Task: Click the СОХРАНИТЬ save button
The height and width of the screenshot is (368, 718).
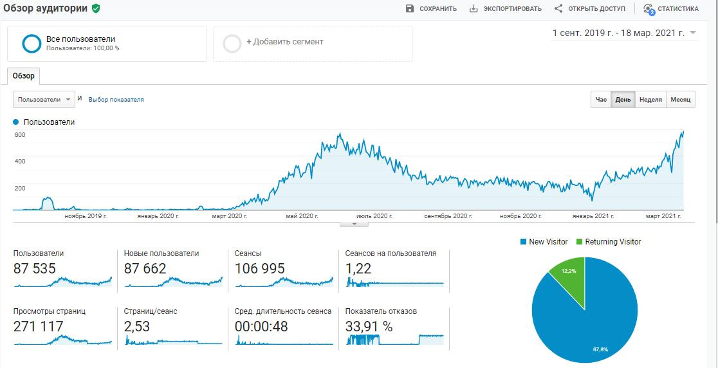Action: [431, 9]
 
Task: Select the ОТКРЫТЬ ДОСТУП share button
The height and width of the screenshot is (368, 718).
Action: [589, 9]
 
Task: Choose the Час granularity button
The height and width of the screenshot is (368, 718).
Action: [601, 100]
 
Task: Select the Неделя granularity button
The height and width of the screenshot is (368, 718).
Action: [650, 100]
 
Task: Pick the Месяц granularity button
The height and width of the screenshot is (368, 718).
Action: [680, 100]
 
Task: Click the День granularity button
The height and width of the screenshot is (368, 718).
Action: [623, 100]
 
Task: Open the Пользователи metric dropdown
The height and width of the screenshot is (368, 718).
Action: [44, 100]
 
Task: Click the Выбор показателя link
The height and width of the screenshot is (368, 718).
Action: [116, 100]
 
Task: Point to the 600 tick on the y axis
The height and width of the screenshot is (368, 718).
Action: [20, 134]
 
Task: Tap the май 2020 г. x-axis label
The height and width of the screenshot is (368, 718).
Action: [302, 216]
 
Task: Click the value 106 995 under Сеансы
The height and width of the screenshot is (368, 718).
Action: [260, 269]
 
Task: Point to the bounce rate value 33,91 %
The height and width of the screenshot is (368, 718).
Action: [369, 327]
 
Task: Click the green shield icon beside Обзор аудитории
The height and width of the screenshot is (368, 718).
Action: [96, 8]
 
